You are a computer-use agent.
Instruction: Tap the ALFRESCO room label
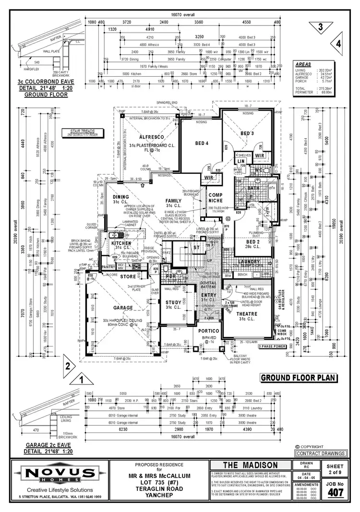(140, 136)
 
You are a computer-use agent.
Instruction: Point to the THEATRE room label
(247, 313)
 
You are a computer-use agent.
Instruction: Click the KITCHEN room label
(121, 243)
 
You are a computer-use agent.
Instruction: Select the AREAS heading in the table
(303, 64)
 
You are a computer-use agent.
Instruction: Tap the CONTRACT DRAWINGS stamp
(321, 453)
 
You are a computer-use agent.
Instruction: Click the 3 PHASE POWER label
(272, 346)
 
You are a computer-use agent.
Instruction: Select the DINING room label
(121, 197)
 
